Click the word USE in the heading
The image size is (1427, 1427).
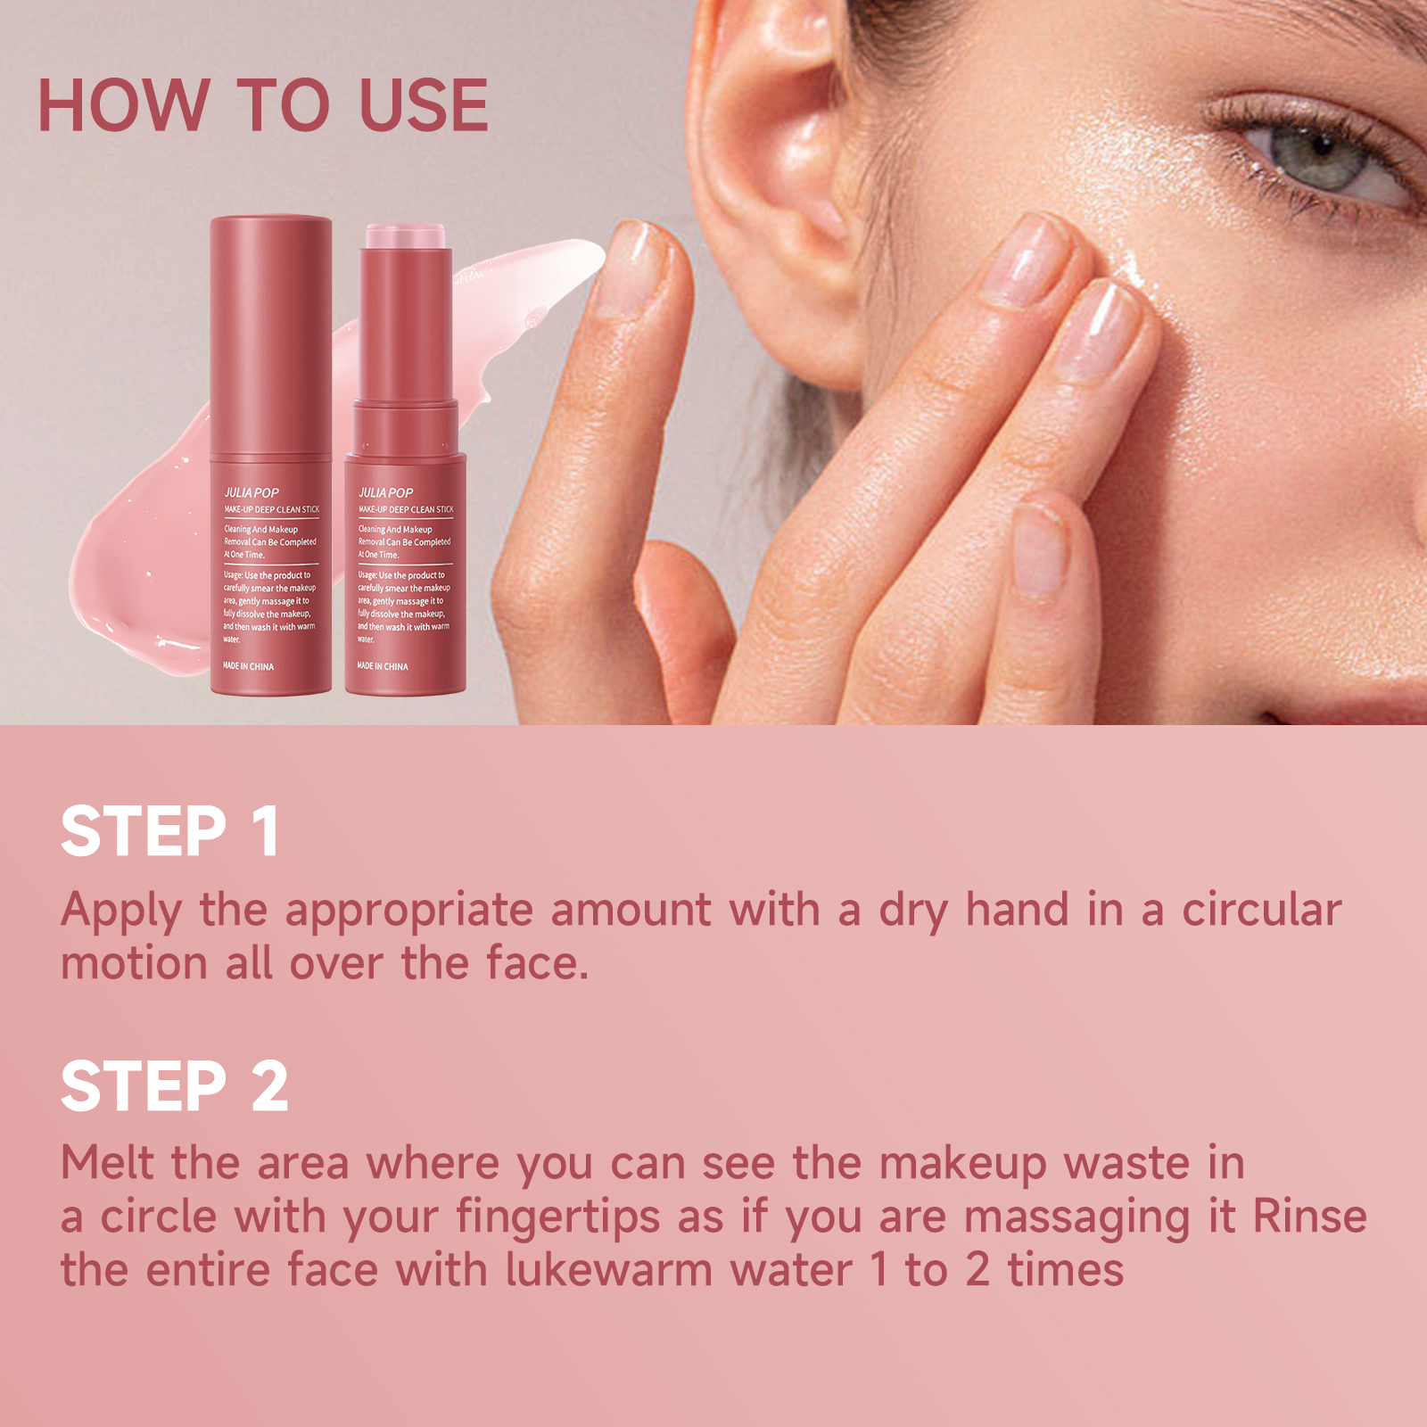coord(424,105)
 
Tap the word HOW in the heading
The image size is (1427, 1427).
coord(124,105)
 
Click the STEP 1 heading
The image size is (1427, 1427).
coord(170,831)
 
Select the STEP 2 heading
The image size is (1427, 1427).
coord(175,1085)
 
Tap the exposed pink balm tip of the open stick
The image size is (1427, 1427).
coord(406,235)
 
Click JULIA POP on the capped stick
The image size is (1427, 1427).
coord(252,492)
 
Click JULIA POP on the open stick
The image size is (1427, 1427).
coord(385,492)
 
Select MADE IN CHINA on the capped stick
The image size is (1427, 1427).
coord(249,666)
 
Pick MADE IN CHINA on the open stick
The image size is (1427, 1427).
coord(383,666)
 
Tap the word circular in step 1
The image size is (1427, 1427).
coord(1262,910)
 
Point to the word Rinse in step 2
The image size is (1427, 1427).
coord(1310,1217)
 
